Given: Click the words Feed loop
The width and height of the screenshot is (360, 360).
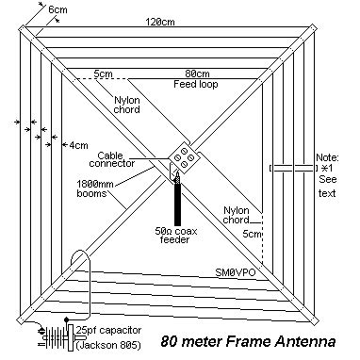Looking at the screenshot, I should pyautogui.click(x=196, y=86).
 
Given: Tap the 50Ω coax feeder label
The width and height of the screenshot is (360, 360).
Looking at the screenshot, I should pyautogui.click(x=176, y=233).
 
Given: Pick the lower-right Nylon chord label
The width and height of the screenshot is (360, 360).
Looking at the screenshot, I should pyautogui.click(x=237, y=216).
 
